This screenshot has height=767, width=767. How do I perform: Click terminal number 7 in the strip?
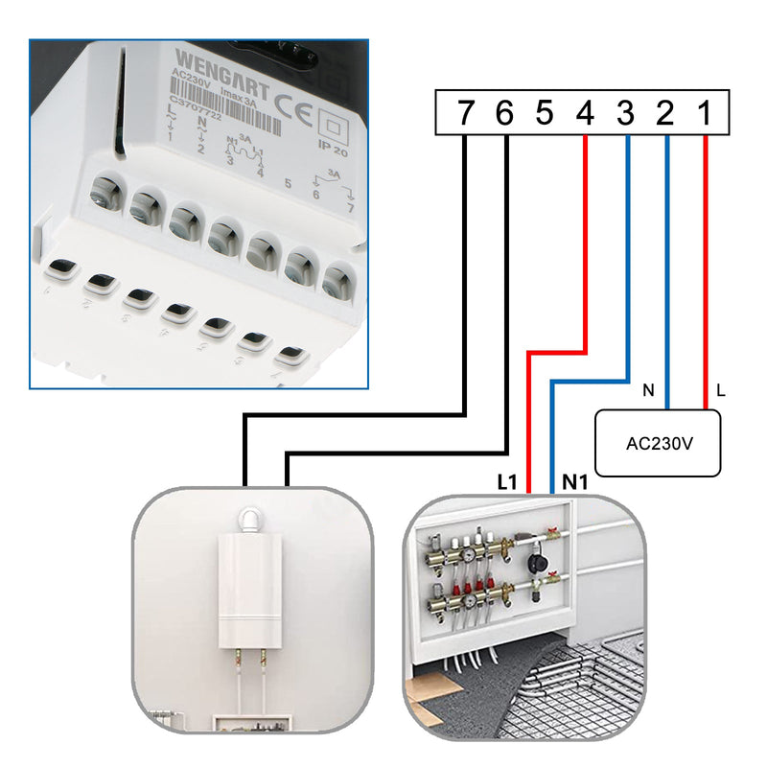(x=465, y=113)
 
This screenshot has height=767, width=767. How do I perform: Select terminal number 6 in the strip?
(x=505, y=113)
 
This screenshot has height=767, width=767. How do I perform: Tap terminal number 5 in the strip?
(x=545, y=113)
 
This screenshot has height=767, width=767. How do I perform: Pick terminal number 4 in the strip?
(x=585, y=113)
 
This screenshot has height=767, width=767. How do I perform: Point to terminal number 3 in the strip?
(x=625, y=113)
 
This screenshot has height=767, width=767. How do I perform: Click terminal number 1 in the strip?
(x=705, y=113)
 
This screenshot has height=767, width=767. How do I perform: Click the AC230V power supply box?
(x=658, y=443)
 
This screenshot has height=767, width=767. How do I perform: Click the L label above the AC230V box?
(x=721, y=390)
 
